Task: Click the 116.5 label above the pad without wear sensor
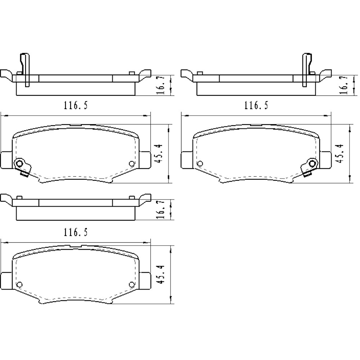point(76,233)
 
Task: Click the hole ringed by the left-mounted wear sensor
point(20,164)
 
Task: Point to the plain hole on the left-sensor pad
point(131,164)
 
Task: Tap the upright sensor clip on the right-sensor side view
point(307,70)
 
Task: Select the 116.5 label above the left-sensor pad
point(76,105)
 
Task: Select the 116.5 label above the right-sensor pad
point(256,105)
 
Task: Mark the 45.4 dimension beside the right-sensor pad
point(340,154)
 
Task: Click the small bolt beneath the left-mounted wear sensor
point(24,175)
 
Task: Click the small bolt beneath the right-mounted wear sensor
point(307,175)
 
